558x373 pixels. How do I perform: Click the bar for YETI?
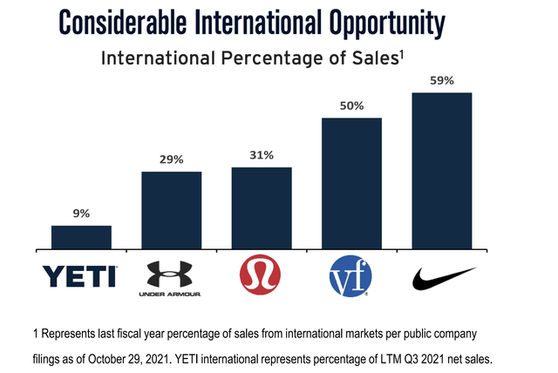tap(81, 238)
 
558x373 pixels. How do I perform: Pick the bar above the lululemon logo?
tap(262, 208)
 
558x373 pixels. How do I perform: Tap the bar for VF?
tap(352, 183)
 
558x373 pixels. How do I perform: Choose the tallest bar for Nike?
tap(442, 171)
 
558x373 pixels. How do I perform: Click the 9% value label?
tap(81, 214)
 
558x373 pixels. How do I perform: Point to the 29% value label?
tap(172, 159)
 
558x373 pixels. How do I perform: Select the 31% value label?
tap(262, 155)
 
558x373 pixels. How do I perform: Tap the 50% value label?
tap(352, 105)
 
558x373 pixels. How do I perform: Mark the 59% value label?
tap(442, 80)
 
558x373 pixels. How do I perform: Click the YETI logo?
tap(79, 276)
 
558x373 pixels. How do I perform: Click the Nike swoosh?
tap(441, 277)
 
